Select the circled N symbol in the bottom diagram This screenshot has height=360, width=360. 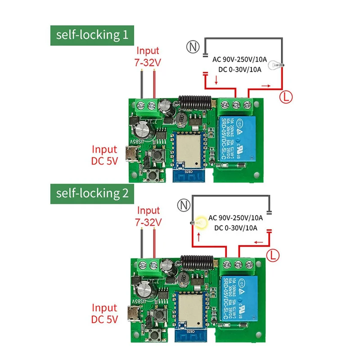point(183,206)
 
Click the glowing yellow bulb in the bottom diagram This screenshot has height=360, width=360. point(197,222)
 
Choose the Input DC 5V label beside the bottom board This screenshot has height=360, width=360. point(105,314)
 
